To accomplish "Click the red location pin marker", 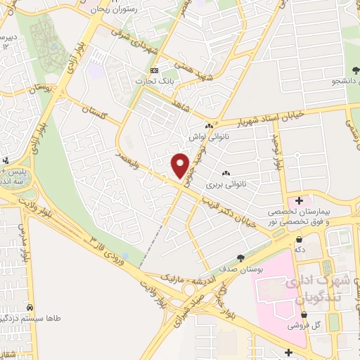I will click(x=181, y=165).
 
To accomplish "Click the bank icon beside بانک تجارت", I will click(x=156, y=70).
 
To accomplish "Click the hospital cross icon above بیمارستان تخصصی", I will click(x=299, y=201).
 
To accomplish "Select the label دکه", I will click(x=300, y=249).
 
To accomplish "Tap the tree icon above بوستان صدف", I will click(x=242, y=259).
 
